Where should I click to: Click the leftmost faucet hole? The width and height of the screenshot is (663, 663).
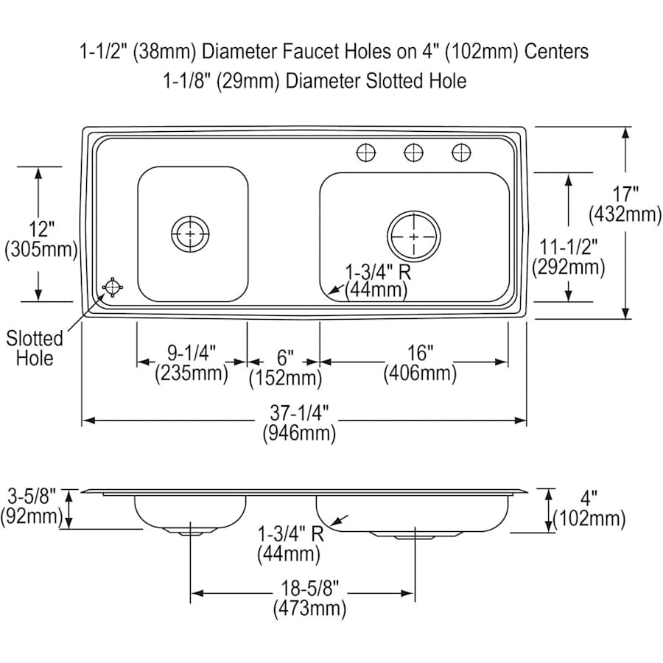pos(366,153)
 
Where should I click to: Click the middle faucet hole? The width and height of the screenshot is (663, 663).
pos(414,153)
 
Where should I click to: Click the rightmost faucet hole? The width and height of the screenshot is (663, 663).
pos(461,153)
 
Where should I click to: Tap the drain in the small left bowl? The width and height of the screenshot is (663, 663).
pos(191,234)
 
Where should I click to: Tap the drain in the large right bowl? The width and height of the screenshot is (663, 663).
pos(414,236)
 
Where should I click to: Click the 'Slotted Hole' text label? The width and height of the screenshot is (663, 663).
pos(35,348)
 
